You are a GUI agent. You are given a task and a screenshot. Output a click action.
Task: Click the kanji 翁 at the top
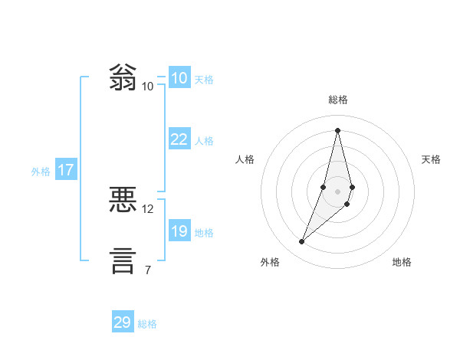[123, 78]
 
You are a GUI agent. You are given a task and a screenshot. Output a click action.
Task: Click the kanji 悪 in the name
[123, 201]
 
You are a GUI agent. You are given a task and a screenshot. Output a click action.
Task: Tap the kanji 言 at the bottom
[123, 260]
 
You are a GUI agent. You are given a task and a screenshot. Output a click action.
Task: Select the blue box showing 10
[179, 78]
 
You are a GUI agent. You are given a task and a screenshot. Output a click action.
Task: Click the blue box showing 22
[179, 139]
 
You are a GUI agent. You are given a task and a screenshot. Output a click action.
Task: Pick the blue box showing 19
[179, 231]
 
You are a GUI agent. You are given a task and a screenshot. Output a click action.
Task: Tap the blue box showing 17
[65, 170]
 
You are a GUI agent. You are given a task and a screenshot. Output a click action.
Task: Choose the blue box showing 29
[123, 322]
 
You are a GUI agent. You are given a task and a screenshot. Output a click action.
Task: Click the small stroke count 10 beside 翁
[147, 86]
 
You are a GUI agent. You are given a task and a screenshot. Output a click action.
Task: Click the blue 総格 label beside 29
[147, 324]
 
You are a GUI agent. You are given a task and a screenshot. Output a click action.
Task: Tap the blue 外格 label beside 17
[41, 172]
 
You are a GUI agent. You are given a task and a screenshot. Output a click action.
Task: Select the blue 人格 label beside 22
[204, 141]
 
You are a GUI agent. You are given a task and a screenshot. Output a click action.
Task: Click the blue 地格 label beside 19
[204, 233]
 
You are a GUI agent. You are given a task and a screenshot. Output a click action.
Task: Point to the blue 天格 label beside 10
[204, 80]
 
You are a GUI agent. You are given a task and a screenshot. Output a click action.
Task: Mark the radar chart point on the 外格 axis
[302, 242]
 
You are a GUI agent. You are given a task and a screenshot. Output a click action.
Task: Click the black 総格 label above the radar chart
[337, 100]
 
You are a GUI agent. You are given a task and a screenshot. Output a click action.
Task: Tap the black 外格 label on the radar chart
[270, 263]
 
